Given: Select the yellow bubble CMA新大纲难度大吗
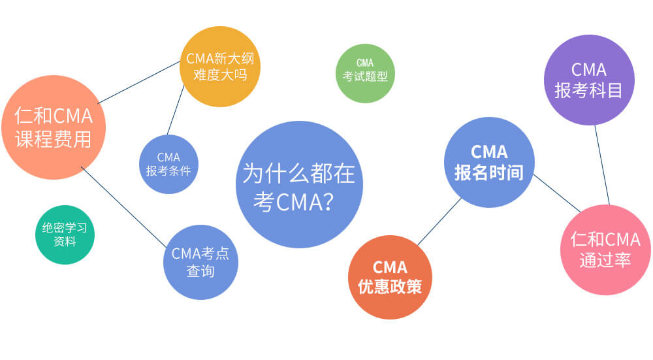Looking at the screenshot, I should (220, 66).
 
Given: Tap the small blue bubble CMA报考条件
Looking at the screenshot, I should (168, 164).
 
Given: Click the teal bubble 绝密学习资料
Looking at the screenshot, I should (65, 235).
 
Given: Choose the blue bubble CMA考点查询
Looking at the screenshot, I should (200, 262).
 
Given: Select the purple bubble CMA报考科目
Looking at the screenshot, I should (589, 80).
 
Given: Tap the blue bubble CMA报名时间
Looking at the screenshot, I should (489, 162).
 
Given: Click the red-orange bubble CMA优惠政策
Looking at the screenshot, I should (390, 277).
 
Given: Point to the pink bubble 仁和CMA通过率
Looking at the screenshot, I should (605, 250).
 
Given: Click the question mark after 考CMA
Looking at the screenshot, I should (329, 204).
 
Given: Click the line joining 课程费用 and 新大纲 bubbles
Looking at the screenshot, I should (138, 82).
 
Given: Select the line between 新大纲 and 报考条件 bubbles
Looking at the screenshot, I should (174, 110).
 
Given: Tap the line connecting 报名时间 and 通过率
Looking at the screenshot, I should (556, 193).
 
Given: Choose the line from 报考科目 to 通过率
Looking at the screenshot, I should (602, 165).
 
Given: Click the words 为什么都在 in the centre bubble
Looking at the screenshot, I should (298, 174).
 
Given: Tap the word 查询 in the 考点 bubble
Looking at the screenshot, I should (200, 271).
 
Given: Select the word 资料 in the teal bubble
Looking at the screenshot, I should (65, 242).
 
